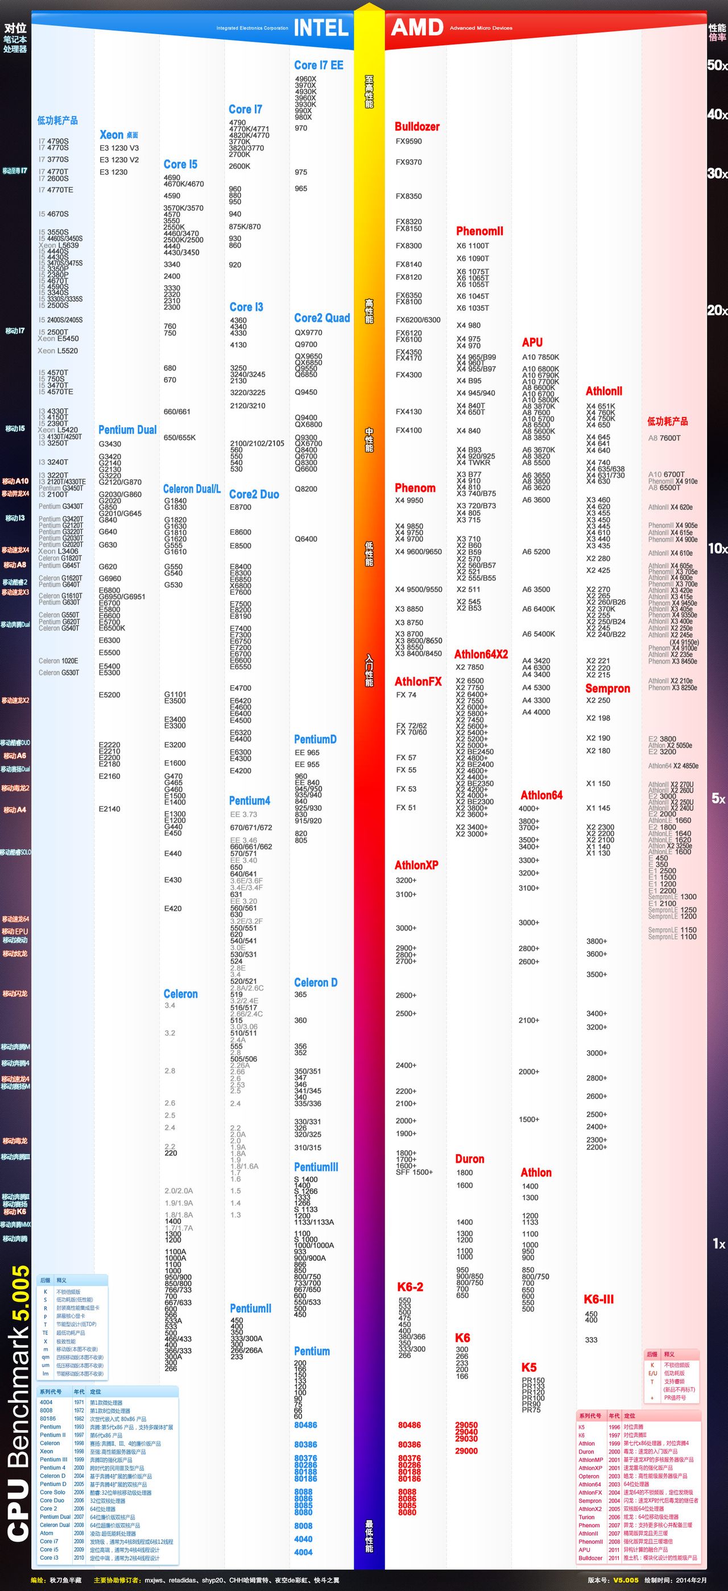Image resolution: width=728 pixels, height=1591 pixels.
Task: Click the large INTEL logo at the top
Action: coord(321,28)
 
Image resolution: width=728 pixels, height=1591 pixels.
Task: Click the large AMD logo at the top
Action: coord(417,28)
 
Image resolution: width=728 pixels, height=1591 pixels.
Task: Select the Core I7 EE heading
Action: coord(318,65)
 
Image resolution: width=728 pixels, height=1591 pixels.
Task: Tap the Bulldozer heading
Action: coord(417,127)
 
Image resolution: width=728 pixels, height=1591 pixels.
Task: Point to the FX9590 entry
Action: coord(408,141)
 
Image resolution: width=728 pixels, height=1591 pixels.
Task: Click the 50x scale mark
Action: coord(717,65)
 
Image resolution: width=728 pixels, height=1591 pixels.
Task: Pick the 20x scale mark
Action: coord(717,310)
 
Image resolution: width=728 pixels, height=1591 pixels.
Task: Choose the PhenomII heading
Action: coord(479,231)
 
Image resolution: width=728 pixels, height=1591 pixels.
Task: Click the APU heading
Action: coord(532,342)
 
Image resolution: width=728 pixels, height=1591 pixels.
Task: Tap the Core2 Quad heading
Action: coord(322,318)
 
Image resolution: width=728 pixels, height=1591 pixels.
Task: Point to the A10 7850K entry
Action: coord(540,357)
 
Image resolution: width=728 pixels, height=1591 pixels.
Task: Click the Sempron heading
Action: coord(607,688)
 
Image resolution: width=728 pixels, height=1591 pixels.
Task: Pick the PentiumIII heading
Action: coord(316,1167)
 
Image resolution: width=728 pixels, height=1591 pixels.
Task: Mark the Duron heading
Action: coord(470,1159)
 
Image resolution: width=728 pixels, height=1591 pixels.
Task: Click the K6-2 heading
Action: coord(409,1286)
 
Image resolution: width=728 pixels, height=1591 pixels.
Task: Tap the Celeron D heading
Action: coord(316,982)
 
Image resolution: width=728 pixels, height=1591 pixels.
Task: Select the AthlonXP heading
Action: coord(416,865)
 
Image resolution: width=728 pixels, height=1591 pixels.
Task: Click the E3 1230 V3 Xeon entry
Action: coord(119,148)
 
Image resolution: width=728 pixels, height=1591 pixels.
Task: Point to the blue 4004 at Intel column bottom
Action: coord(303,1552)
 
